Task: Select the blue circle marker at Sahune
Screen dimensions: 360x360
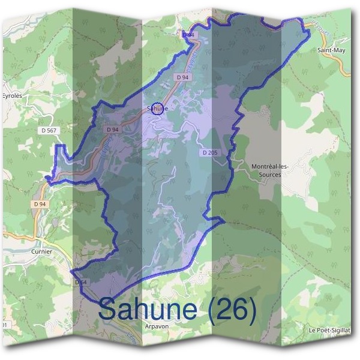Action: click(x=158, y=109)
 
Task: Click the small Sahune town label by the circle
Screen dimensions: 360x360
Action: click(x=157, y=109)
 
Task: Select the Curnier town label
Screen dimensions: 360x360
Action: click(x=41, y=252)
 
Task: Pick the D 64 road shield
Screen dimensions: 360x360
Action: click(x=82, y=282)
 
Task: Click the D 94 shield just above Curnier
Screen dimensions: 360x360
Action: click(x=40, y=204)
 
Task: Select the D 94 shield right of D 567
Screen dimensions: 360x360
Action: click(x=112, y=129)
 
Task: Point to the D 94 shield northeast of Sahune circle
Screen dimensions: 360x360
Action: click(x=183, y=77)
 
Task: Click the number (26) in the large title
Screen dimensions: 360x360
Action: click(x=232, y=310)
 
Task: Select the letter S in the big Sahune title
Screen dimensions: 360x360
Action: click(x=108, y=310)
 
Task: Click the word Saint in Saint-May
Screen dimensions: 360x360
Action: click(x=324, y=51)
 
